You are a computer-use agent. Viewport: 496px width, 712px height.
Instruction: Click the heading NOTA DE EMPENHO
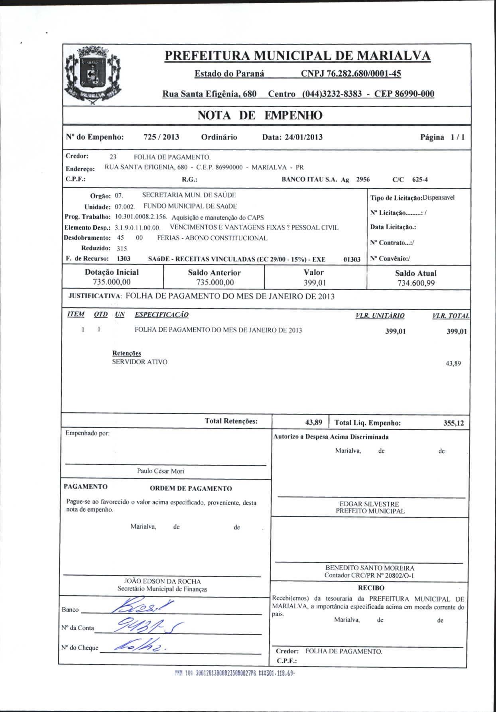coord(260,116)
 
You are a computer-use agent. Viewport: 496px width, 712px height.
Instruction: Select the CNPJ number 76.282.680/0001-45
coord(351,73)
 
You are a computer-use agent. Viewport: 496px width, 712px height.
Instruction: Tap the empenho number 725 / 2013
coord(161,137)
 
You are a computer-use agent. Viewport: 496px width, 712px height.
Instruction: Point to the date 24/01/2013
coord(303,137)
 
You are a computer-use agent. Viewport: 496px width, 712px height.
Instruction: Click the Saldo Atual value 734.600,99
coord(416,283)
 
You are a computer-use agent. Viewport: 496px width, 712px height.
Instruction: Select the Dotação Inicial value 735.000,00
coord(112,282)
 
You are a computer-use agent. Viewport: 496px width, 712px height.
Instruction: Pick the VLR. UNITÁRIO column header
coord(380,316)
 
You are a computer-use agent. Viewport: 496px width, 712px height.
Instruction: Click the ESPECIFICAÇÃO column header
coord(161,315)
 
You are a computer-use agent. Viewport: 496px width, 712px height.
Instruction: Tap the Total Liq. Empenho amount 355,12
coord(454,423)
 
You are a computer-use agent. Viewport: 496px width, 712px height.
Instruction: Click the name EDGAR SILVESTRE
coord(369,504)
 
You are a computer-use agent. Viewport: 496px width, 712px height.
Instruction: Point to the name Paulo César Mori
coord(161,471)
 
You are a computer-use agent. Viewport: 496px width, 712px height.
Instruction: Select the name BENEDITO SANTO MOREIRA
coord(370,568)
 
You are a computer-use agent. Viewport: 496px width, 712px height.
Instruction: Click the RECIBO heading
coord(371,588)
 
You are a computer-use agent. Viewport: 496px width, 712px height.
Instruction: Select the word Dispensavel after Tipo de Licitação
coord(439,197)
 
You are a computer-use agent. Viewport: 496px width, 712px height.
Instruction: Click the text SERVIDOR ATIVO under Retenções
coord(140,362)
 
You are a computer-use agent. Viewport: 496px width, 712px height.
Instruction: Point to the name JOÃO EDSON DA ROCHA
coord(162,581)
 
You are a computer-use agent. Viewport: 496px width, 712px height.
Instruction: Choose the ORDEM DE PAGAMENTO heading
coord(191,488)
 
